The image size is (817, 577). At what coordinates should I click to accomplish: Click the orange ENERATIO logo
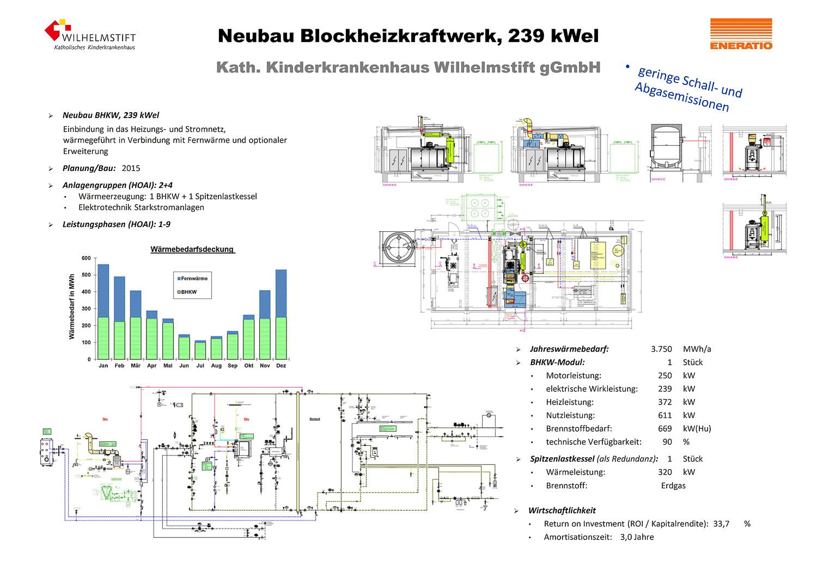point(741,34)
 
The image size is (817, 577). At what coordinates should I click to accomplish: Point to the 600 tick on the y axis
point(86,258)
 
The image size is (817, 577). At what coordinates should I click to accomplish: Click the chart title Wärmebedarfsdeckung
point(192,249)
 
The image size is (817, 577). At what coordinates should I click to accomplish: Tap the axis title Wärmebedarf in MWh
point(72,307)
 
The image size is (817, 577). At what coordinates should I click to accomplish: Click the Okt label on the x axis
point(249,366)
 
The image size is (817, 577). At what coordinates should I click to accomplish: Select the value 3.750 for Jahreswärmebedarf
point(661,349)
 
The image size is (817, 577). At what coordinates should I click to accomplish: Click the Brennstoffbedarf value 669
point(664,428)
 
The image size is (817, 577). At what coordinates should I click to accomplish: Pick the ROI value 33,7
point(721,524)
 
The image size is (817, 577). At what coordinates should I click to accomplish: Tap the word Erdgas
point(673,486)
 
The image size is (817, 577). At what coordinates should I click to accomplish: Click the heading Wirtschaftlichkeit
point(562,511)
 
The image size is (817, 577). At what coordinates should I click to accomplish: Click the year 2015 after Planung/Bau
point(131,168)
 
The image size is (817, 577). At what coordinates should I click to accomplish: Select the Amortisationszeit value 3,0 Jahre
point(637,537)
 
